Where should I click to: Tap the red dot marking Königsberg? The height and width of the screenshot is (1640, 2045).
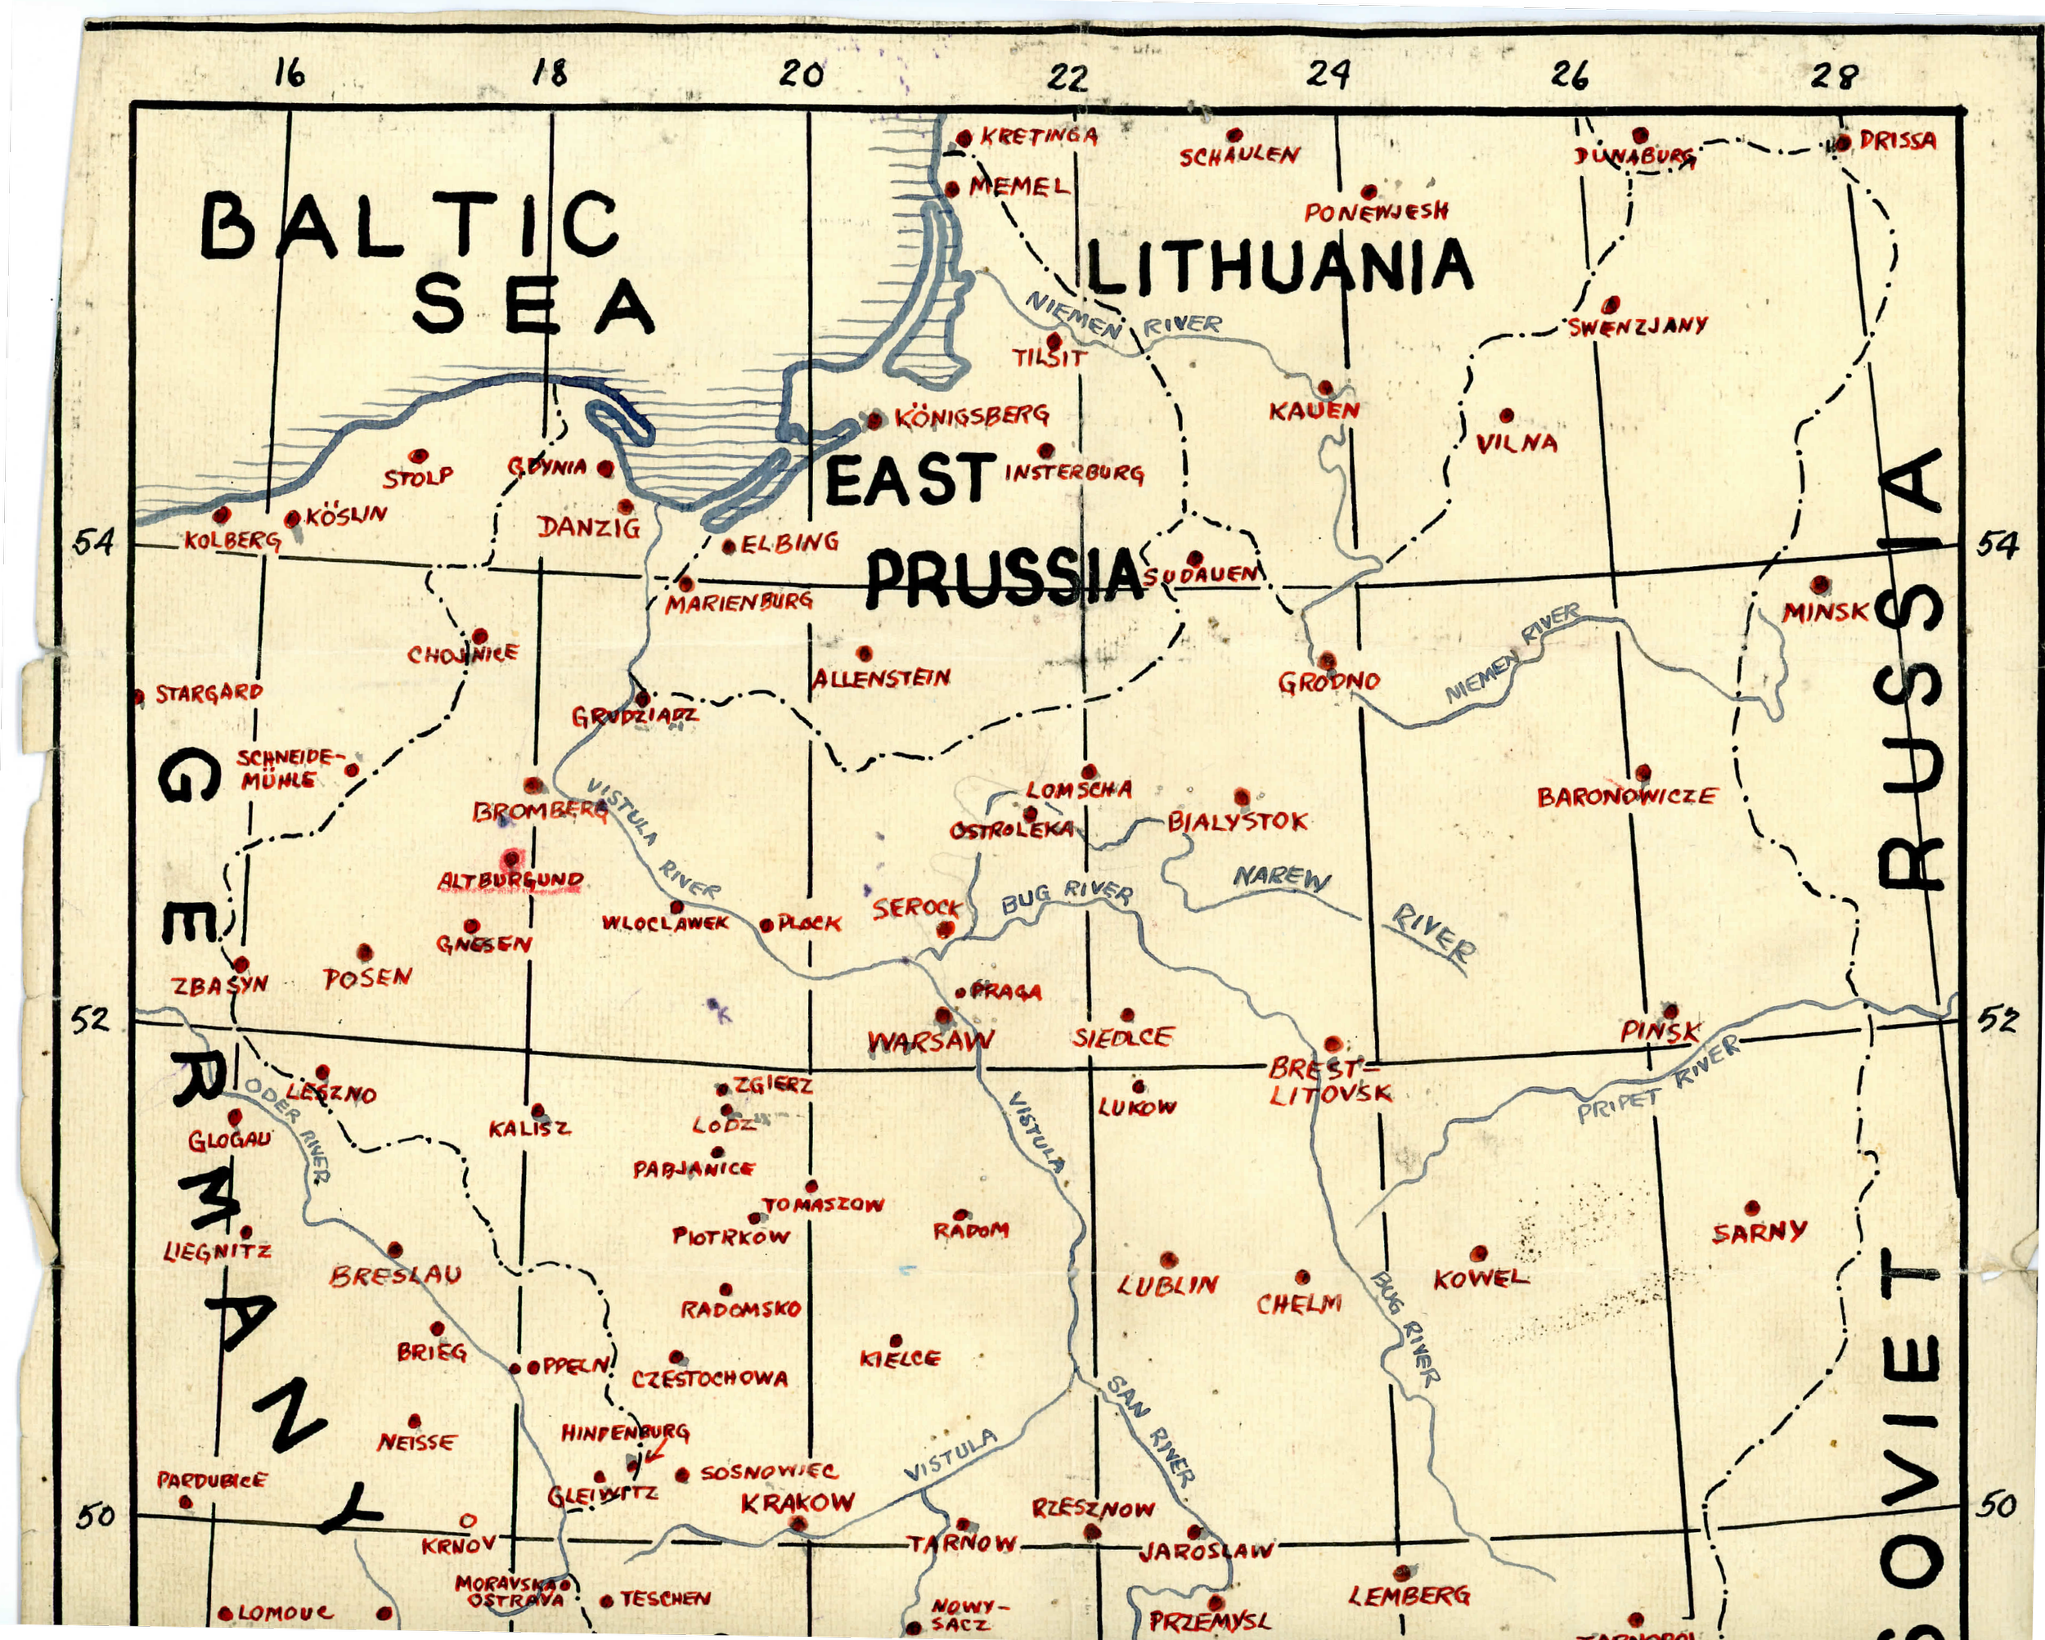tap(874, 420)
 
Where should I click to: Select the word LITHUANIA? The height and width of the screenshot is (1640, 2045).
tap(1279, 267)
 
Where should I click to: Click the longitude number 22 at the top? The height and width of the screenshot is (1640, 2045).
tap(1068, 77)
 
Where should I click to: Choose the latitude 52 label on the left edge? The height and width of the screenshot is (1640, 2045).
tap(91, 1020)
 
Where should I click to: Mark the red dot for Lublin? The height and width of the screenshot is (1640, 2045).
tap(1167, 1260)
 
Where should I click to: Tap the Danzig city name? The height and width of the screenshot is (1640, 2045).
tap(589, 528)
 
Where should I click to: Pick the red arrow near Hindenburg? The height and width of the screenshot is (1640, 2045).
tap(654, 1452)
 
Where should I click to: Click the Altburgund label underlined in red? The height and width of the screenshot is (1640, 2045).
tap(510, 881)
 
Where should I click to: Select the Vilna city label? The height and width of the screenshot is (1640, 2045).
tap(1517, 443)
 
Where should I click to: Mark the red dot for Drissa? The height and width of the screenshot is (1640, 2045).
tap(1842, 143)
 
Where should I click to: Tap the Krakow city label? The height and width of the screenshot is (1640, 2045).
tap(798, 1503)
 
